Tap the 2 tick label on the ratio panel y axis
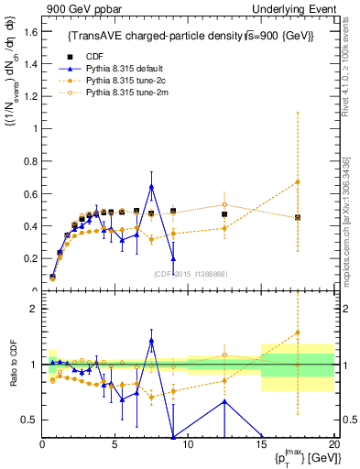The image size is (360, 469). (33, 309)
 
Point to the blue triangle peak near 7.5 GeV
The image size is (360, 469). (151, 187)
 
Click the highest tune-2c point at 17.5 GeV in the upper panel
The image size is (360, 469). (297, 182)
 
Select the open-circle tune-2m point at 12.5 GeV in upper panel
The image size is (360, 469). (224, 205)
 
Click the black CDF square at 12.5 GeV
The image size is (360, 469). (224, 214)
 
